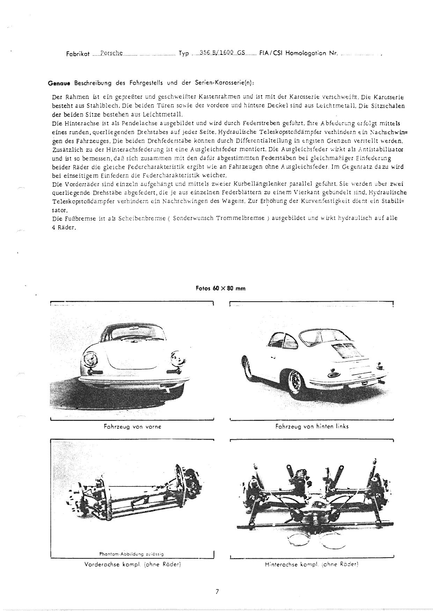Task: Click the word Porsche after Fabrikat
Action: tap(111, 53)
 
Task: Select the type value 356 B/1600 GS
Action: tap(222, 53)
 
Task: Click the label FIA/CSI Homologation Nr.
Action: tap(299, 53)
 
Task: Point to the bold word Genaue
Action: tap(59, 83)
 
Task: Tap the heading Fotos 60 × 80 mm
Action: tap(221, 288)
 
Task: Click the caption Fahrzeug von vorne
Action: tap(132, 427)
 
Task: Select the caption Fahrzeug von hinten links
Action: tap(312, 426)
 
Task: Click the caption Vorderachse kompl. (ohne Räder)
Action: tap(132, 564)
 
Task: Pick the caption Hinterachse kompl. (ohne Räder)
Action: tap(312, 564)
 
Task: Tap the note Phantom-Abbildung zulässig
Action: tap(132, 554)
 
